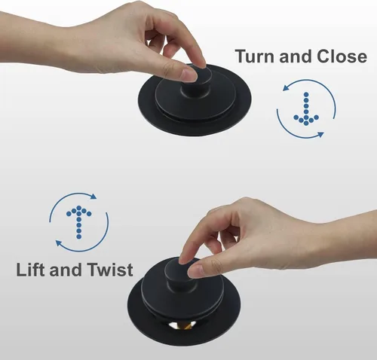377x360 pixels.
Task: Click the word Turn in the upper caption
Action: click(x=256, y=56)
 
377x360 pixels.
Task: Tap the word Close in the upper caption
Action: click(x=342, y=56)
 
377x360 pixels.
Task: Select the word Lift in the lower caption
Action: click(x=31, y=270)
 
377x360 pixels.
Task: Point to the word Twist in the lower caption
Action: click(x=110, y=270)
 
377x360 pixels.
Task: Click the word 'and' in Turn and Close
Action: click(x=296, y=56)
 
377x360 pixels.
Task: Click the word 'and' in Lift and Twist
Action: click(x=66, y=270)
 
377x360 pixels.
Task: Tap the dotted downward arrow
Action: click(x=306, y=108)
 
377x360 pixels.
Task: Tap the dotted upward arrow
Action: click(x=79, y=222)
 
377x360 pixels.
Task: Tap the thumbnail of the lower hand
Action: click(x=195, y=271)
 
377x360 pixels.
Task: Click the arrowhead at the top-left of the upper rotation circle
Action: click(x=286, y=88)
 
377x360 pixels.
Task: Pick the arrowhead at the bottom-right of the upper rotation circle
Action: click(x=320, y=134)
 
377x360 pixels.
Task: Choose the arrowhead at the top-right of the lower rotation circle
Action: click(x=93, y=196)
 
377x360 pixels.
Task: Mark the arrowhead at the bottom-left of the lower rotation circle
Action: click(x=59, y=243)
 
